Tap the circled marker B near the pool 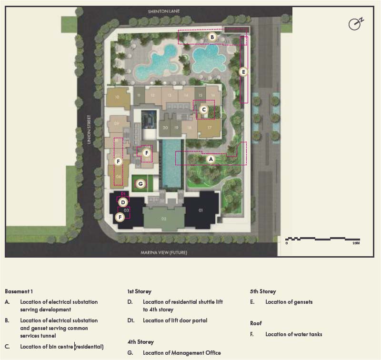212,37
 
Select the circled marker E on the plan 243,72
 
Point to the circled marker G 140,183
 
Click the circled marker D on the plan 122,202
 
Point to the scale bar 322,239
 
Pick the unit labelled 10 117,97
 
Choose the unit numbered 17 209,128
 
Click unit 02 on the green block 163,219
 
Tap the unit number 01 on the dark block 201,210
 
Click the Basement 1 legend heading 19,291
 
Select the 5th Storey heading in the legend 263,291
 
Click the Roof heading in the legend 256,323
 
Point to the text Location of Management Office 181,353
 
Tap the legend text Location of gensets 289,302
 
